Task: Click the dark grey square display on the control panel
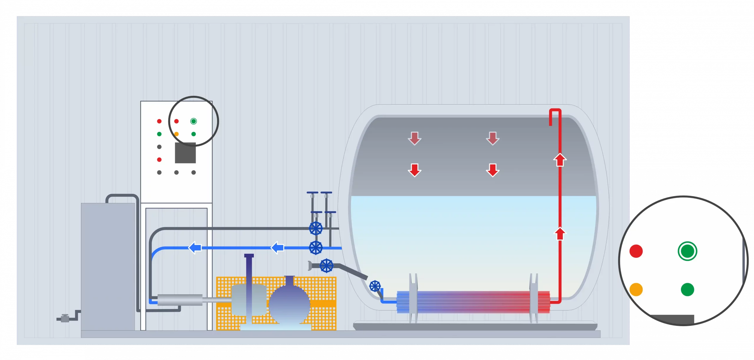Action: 185,153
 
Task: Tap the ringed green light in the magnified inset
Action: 687,251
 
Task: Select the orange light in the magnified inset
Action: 636,290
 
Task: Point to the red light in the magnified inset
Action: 636,251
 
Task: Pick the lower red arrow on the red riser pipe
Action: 560,234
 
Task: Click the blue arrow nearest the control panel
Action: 195,247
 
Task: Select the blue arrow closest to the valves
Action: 277,247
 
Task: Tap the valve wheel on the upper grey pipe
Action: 316,228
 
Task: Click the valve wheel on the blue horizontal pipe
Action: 316,247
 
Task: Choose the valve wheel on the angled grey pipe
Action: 327,266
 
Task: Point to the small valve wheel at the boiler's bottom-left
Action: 375,286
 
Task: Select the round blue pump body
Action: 289,303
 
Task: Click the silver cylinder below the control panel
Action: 180,300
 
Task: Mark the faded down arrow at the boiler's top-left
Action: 414,138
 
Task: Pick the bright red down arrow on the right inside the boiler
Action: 492,170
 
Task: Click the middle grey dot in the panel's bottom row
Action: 176,172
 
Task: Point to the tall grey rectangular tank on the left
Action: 108,266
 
